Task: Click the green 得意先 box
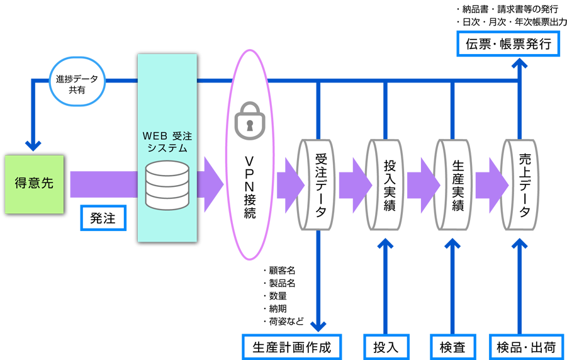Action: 35,184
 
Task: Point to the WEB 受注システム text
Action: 167,141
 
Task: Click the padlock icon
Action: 250,118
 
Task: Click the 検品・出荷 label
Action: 526,347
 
